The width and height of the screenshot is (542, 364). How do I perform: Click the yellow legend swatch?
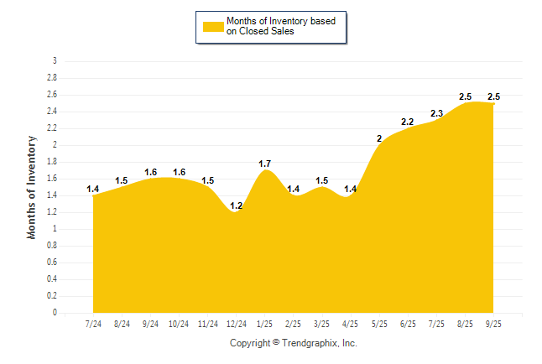(x=213, y=27)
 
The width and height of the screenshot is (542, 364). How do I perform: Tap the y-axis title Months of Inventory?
(x=32, y=187)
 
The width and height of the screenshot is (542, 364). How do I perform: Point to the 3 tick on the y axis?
(x=55, y=61)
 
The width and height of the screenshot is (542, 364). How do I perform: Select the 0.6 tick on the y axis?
(x=52, y=263)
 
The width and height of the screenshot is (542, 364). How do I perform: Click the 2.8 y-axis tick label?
(x=52, y=78)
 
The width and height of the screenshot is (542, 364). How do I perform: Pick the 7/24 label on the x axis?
(x=93, y=324)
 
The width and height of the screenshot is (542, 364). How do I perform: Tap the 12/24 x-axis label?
(x=237, y=324)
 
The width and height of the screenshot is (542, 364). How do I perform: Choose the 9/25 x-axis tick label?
(x=493, y=324)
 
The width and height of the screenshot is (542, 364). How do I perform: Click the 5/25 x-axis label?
(x=379, y=324)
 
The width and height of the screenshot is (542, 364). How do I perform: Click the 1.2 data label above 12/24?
(x=237, y=205)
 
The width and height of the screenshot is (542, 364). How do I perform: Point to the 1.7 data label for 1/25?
(x=265, y=164)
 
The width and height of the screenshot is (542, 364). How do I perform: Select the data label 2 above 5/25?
(x=379, y=138)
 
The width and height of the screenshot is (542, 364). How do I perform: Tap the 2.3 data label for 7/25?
(x=436, y=113)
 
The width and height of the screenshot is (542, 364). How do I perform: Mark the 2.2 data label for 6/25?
(x=408, y=122)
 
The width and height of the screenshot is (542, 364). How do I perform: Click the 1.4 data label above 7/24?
(x=93, y=189)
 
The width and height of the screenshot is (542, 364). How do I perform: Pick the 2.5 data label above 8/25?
(x=465, y=96)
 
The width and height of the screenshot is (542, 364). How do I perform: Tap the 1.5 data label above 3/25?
(x=322, y=180)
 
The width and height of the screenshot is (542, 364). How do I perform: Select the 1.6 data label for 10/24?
(x=179, y=172)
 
